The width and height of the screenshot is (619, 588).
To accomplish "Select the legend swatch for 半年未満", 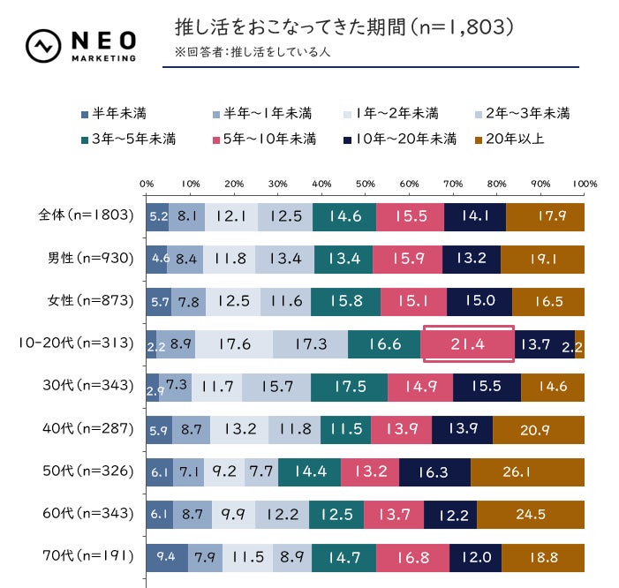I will (x=84, y=113).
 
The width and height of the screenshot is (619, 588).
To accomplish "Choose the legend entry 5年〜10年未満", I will (x=265, y=139).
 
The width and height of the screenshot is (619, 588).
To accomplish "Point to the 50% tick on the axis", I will (x=365, y=184).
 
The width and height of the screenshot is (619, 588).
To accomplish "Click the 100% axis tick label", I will (x=585, y=184).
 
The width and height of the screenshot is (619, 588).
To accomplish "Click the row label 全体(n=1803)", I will (x=86, y=215).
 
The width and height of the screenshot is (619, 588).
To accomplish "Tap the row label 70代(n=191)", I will (x=86, y=556).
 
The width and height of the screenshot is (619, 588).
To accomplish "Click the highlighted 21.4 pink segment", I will (x=468, y=343).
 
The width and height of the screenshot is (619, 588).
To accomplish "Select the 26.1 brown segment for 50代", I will (x=527, y=471).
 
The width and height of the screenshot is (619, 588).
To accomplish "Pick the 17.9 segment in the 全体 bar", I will (x=545, y=216).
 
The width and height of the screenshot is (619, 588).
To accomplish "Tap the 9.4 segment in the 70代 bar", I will (x=167, y=556).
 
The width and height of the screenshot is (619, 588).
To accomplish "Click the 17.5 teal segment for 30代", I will (x=349, y=386).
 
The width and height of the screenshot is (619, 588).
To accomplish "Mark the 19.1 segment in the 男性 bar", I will (x=542, y=259).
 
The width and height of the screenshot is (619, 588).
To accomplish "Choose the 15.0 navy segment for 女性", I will (x=479, y=301).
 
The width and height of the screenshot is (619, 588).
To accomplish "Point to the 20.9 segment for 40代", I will (x=539, y=429).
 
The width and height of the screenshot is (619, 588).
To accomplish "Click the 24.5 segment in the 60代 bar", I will (x=531, y=514).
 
